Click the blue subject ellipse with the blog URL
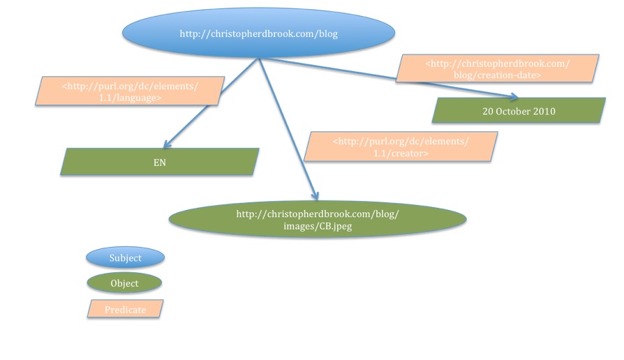pos(258,33)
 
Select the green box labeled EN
pos(160,162)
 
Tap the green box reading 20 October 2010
pos(519,111)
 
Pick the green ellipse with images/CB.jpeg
pos(318,219)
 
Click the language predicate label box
pos(131,92)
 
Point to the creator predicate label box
pos(401,147)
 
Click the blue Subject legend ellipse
pos(125,257)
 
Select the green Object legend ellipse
pos(124,283)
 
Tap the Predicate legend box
pos(125,310)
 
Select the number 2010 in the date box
pos(544,111)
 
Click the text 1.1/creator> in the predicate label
pos(401,153)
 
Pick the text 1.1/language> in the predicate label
pos(131,98)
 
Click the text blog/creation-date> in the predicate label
pos(497,75)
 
